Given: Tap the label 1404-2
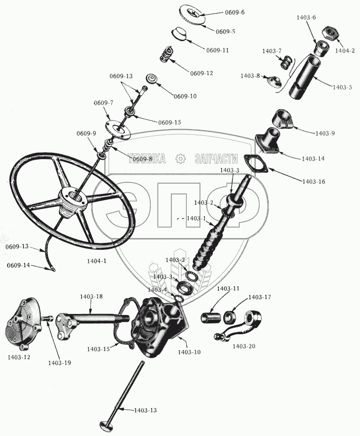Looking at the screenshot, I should (345, 50).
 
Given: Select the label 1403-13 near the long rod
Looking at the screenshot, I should (146, 410).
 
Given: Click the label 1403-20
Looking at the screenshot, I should (243, 346).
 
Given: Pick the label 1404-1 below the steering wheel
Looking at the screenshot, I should (97, 261).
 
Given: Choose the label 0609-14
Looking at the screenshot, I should (19, 265).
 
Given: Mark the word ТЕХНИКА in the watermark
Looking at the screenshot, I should (147, 159).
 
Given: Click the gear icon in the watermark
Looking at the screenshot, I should (180, 159).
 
